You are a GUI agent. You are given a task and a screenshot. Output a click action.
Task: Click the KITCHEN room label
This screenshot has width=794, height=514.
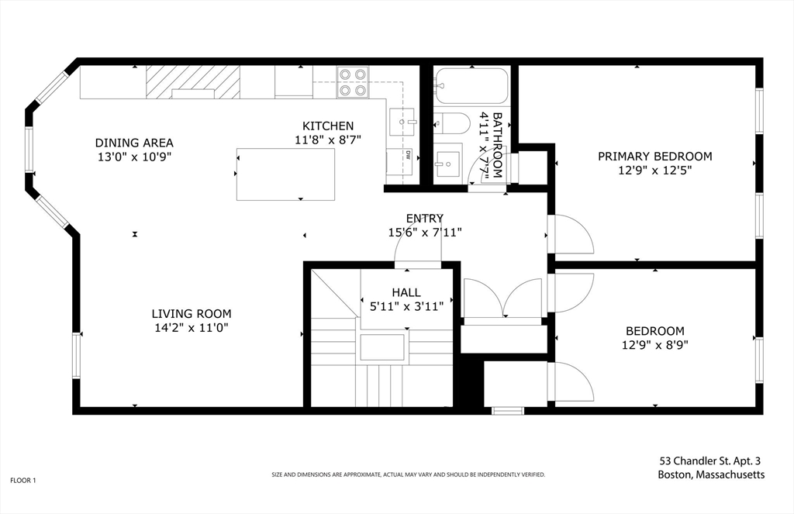point(328,126)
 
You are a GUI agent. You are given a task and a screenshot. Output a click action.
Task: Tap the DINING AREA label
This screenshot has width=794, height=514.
point(134,143)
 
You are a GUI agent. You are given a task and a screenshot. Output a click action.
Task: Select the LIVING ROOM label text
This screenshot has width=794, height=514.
point(192,314)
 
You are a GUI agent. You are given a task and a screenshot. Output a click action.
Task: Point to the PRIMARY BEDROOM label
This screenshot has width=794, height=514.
point(654,156)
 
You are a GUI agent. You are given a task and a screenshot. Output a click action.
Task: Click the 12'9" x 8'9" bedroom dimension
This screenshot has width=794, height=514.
point(654,345)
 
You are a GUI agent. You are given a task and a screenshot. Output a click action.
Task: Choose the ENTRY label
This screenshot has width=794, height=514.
point(424,219)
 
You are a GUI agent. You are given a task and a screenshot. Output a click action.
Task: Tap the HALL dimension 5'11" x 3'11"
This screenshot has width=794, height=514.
point(406,306)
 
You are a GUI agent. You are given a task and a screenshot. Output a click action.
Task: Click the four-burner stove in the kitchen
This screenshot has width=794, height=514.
point(353,82)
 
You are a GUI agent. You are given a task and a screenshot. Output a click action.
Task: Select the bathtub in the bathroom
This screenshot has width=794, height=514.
point(471,86)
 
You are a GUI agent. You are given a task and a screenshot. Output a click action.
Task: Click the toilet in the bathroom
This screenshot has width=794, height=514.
point(452,123)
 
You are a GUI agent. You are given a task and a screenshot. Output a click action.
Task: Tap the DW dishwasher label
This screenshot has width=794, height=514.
point(406,156)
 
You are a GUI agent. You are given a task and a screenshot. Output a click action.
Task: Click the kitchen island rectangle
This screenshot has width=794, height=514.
point(285,174)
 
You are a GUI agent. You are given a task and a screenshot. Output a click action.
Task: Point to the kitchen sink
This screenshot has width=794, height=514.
point(402,122)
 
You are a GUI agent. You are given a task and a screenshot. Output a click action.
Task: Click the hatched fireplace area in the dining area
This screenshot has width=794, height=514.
point(193,82)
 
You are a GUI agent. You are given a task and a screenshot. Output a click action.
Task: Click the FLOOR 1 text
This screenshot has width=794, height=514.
point(23,481)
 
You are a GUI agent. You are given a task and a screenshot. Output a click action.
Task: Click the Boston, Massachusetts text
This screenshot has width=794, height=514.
point(711,475)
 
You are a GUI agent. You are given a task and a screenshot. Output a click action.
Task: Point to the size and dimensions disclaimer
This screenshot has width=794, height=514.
point(408,475)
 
